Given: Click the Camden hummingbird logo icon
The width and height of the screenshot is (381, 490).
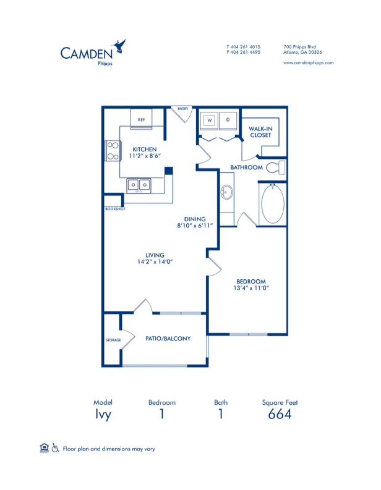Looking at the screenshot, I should coord(120,45).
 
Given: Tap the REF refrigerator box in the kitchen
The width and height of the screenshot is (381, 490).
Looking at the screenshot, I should coord(141,119).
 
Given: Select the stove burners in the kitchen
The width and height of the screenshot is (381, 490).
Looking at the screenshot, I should coord(113,151).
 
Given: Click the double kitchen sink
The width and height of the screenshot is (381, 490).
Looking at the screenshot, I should coord(139,184).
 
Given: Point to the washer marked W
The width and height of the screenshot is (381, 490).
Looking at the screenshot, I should coord(210,120).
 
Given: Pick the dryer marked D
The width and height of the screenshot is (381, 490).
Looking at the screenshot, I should coord(228,120).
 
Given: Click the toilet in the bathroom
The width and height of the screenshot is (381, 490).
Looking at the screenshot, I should coord(280,167).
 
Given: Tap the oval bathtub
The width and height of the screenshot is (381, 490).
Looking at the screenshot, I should coord(273,205).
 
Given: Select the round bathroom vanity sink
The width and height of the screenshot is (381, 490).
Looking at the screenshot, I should coord(227,193).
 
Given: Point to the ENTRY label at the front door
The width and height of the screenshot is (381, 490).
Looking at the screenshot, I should coord(182,109).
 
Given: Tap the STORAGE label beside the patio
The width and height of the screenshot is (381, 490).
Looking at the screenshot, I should coord(112,340).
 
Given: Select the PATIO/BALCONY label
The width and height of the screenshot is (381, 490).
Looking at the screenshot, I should coord(168,339).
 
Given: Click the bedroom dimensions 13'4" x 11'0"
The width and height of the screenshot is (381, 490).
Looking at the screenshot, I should coord(252,287).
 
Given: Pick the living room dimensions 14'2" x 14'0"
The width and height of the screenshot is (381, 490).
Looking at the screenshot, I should coord(155,261).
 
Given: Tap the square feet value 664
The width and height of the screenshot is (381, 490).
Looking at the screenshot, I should coord(280,414).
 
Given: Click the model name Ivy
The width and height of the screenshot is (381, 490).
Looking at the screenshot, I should coord(103,414).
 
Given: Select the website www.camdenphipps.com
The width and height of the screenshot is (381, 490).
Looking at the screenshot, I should coord(308,62).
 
